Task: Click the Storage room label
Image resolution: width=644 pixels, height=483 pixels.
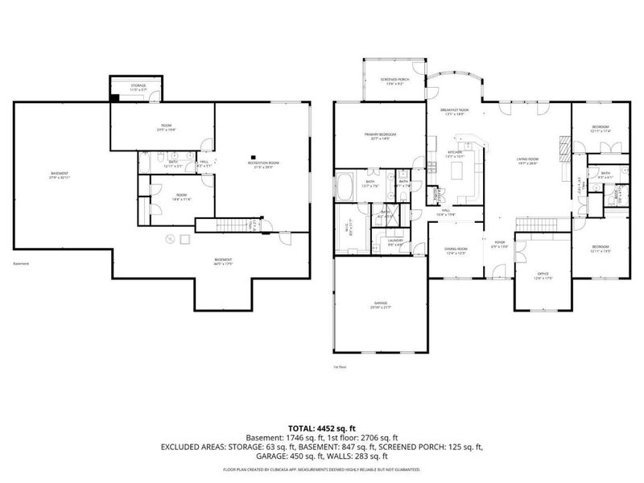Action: point(137,85)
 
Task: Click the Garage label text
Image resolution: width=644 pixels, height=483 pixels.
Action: point(376,303)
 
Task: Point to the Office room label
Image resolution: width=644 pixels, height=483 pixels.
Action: point(543,275)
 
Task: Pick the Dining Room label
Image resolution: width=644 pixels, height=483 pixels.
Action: point(456,250)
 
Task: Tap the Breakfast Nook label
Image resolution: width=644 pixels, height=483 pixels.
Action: point(454,109)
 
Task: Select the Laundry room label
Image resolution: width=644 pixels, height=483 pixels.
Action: point(394,240)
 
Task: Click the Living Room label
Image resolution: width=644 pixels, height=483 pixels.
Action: point(527,159)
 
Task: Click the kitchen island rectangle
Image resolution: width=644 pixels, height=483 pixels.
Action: point(461,171)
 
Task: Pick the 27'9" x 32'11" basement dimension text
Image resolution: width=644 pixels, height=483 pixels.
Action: point(60,178)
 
